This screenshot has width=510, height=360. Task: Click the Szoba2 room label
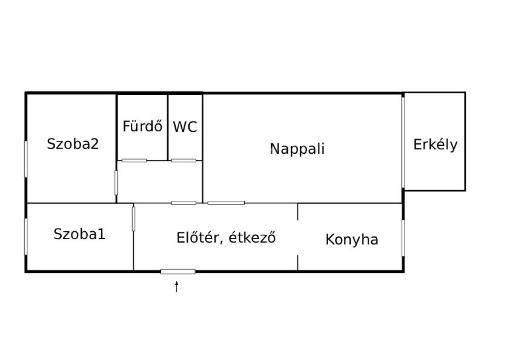[x=73, y=144]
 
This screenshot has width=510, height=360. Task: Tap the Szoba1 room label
[x=79, y=234]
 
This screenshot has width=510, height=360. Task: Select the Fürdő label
[x=143, y=126]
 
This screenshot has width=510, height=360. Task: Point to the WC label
[x=185, y=127]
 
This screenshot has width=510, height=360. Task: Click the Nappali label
[x=297, y=149]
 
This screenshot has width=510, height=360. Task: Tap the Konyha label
[x=352, y=239]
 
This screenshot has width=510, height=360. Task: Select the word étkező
[x=252, y=238]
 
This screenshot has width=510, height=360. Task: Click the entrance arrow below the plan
[x=177, y=286]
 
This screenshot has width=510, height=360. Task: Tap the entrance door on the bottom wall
[x=178, y=272]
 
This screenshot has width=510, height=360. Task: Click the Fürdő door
[x=134, y=160]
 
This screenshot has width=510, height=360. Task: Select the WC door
[x=184, y=160]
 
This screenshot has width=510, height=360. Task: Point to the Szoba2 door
[x=116, y=183]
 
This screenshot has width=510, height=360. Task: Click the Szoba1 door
[x=133, y=219]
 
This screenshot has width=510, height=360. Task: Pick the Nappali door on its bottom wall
[x=226, y=203]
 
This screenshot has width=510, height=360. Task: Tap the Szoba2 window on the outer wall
[x=26, y=159]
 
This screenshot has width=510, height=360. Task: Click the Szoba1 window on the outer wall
[x=26, y=237]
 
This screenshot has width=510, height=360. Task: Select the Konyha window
[x=403, y=238]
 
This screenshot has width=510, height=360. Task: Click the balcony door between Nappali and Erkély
[x=403, y=143]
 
